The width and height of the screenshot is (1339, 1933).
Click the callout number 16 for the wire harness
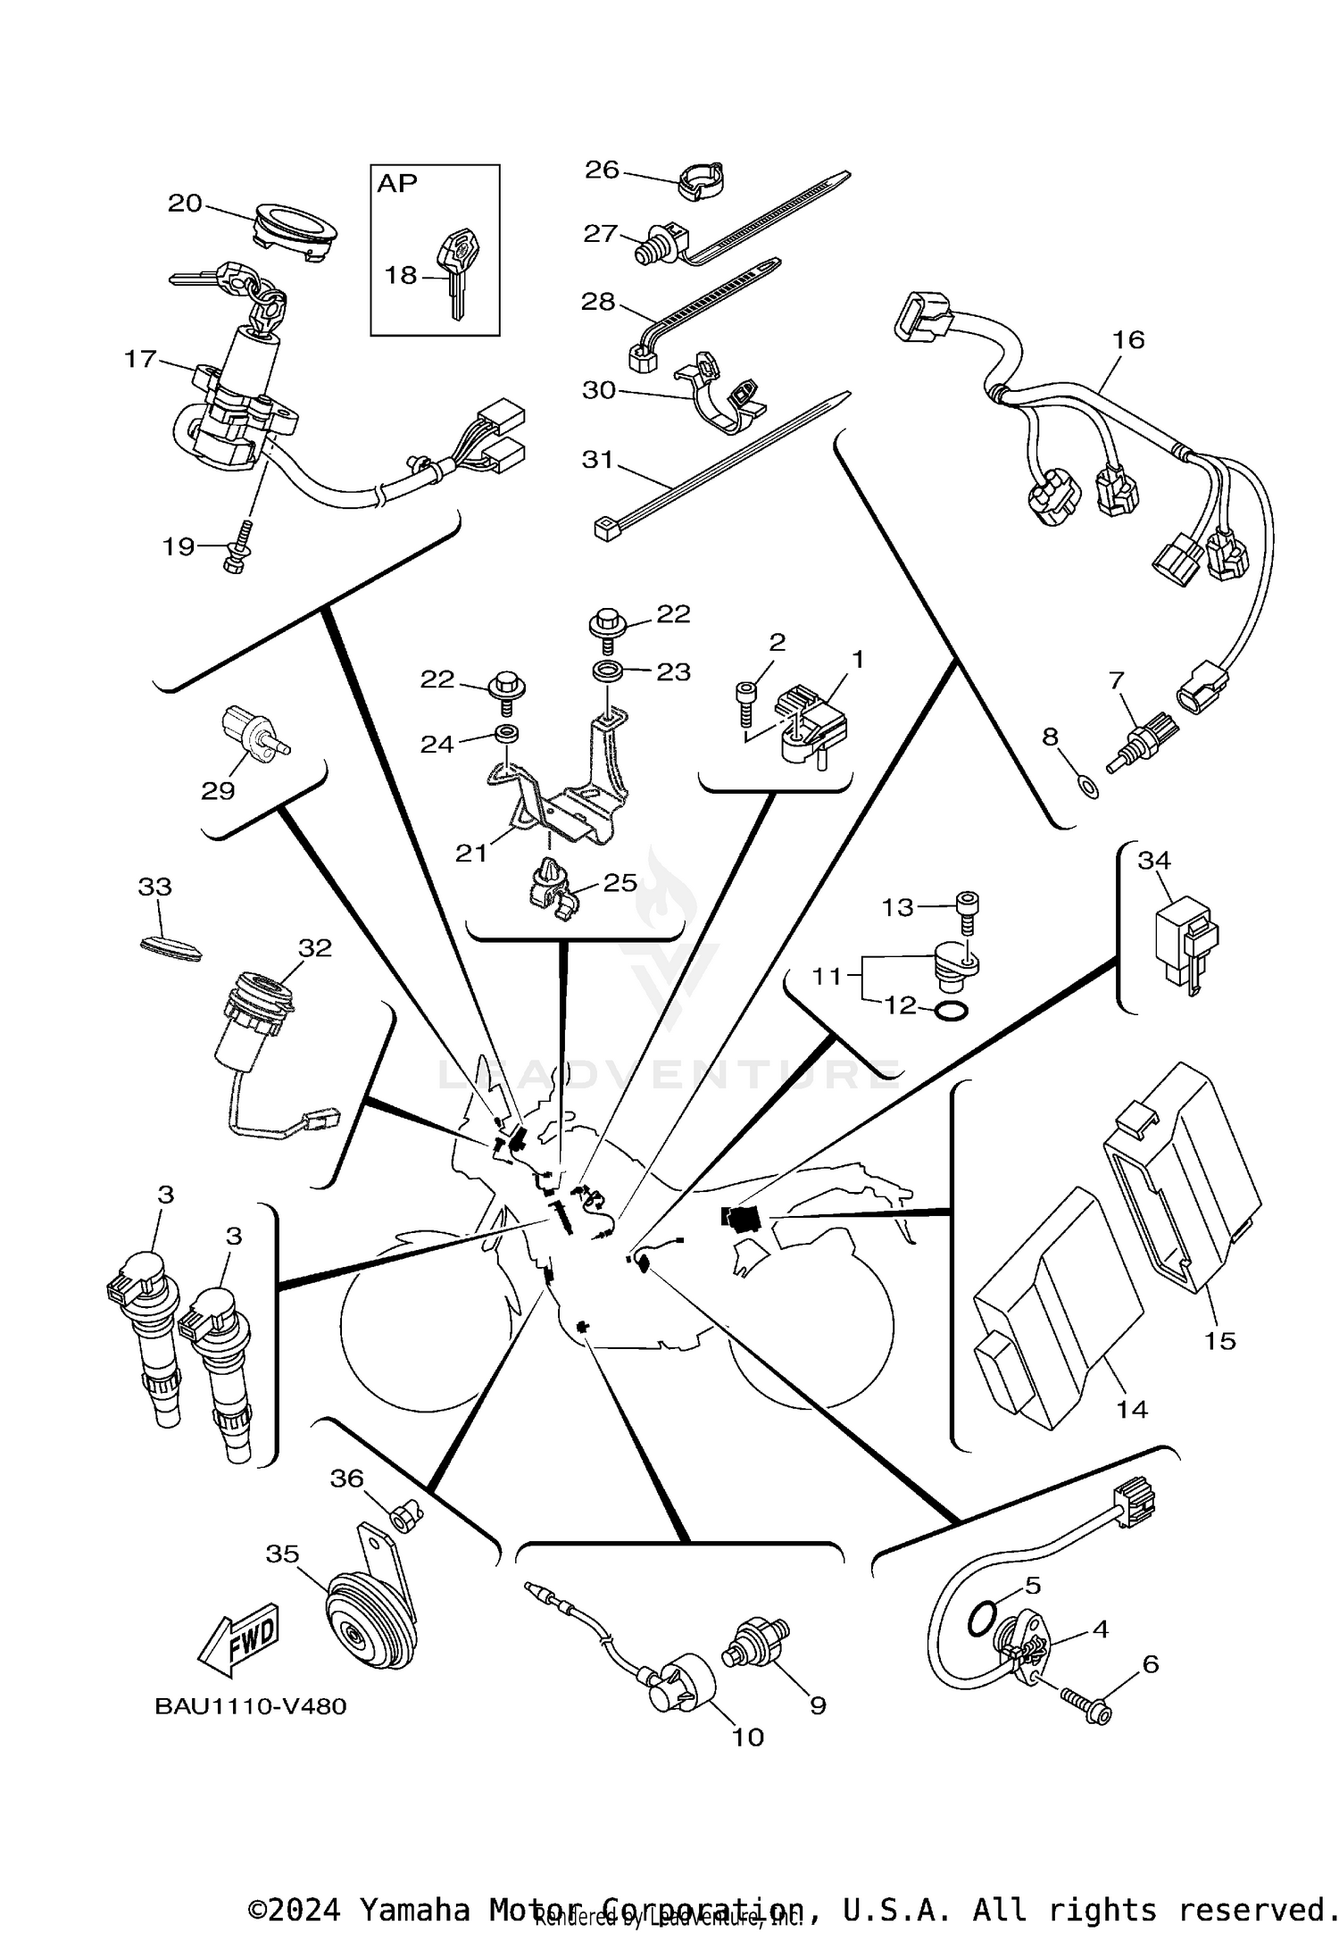1128,339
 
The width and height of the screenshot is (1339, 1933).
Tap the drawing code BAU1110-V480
251,1706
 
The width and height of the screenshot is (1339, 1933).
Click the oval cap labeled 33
170,948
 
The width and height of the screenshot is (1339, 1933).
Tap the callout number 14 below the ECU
1132,1410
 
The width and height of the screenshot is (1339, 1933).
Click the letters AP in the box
397,184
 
